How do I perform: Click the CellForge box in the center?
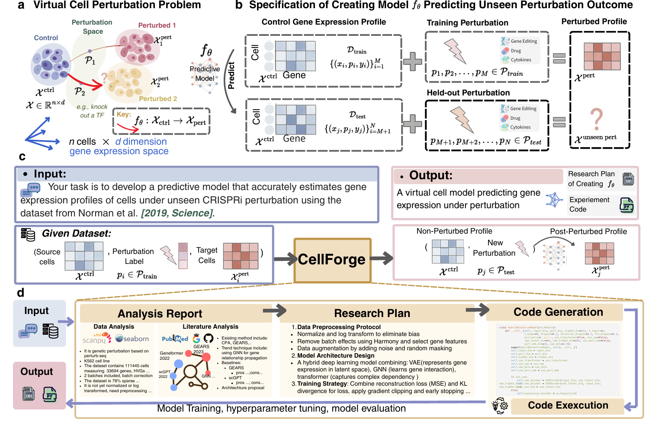(332, 260)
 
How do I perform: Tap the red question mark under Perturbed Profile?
(597, 119)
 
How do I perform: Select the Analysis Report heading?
(160, 314)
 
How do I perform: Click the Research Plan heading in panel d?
(372, 313)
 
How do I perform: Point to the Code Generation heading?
(558, 312)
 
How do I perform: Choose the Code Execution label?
(568, 406)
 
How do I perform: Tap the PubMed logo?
(175, 339)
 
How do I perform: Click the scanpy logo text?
(94, 340)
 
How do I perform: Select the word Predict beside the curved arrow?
(231, 76)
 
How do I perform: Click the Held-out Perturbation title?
(468, 93)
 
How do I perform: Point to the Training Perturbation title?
(467, 23)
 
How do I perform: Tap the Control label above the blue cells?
(46, 38)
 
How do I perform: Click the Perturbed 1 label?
(157, 25)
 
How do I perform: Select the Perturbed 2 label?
(158, 99)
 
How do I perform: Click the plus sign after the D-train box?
(412, 61)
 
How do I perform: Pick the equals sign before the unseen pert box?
(559, 122)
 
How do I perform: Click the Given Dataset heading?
(76, 234)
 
